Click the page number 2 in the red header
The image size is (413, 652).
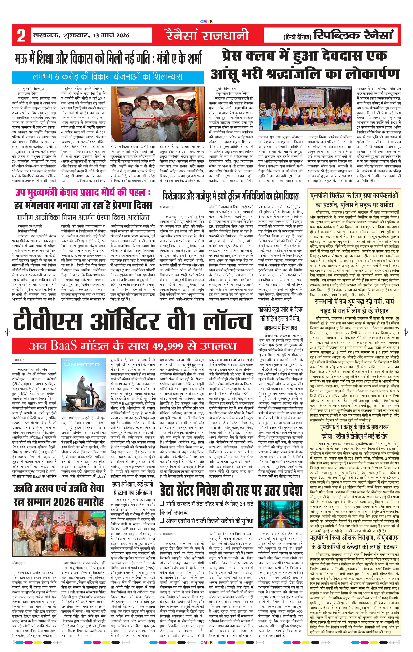tap(21, 35)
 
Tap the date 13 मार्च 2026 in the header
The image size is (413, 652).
tap(111, 35)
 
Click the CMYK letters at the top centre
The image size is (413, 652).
tap(206, 22)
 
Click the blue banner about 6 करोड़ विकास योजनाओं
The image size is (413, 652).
tap(108, 77)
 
